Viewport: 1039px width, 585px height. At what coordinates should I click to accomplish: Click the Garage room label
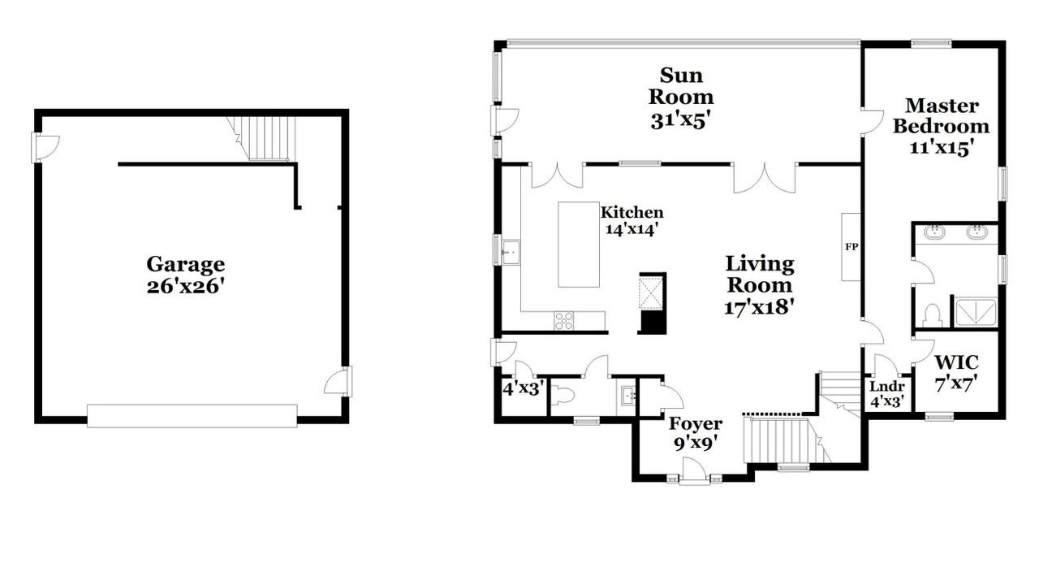pos(186,265)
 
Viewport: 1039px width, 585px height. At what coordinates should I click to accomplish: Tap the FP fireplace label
pos(851,247)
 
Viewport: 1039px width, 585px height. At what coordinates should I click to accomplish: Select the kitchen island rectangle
pos(579,245)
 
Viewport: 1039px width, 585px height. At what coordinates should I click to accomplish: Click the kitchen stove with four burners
pos(563,321)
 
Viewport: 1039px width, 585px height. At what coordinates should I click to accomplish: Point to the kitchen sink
pos(511,252)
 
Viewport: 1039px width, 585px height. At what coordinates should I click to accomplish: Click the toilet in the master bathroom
pos(931,315)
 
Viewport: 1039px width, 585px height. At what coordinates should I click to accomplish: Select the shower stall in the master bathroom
pos(976,312)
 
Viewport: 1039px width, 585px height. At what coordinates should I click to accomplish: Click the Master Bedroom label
pos(941,116)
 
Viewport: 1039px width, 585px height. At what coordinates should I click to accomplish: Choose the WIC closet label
pos(956,362)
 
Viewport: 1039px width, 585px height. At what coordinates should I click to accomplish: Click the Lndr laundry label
pos(887,386)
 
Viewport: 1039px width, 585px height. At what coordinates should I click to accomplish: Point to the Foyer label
pos(696,423)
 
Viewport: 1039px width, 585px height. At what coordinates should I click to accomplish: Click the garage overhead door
pos(192,415)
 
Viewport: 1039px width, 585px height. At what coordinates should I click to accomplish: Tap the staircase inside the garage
pos(262,138)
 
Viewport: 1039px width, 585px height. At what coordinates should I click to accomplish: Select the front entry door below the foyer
pos(694,478)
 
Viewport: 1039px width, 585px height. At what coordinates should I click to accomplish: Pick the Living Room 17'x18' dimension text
pos(759,307)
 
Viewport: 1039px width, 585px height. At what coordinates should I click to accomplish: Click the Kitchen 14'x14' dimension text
pos(632,229)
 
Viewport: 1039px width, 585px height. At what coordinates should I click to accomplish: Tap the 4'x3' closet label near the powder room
pos(523,388)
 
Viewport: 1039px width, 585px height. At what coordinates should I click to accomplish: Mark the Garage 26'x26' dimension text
pos(186,287)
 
